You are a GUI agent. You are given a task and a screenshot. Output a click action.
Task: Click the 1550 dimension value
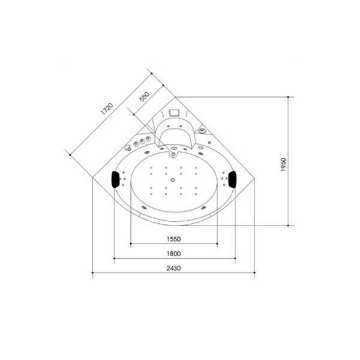[173, 239]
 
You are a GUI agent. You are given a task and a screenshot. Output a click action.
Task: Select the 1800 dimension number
[173, 254]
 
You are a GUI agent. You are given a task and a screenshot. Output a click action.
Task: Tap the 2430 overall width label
[173, 268]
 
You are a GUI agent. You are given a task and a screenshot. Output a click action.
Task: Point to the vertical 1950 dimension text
[283, 164]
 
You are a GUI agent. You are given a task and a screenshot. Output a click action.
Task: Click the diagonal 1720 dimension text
[107, 109]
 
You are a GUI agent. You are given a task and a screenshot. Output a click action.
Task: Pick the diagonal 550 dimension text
[145, 97]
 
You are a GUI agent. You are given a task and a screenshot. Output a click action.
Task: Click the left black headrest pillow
[115, 179]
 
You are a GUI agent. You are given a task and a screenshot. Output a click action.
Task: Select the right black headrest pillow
[232, 179]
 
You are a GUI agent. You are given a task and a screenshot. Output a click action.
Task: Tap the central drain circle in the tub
[173, 180]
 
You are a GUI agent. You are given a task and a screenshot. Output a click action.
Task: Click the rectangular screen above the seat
[174, 113]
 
